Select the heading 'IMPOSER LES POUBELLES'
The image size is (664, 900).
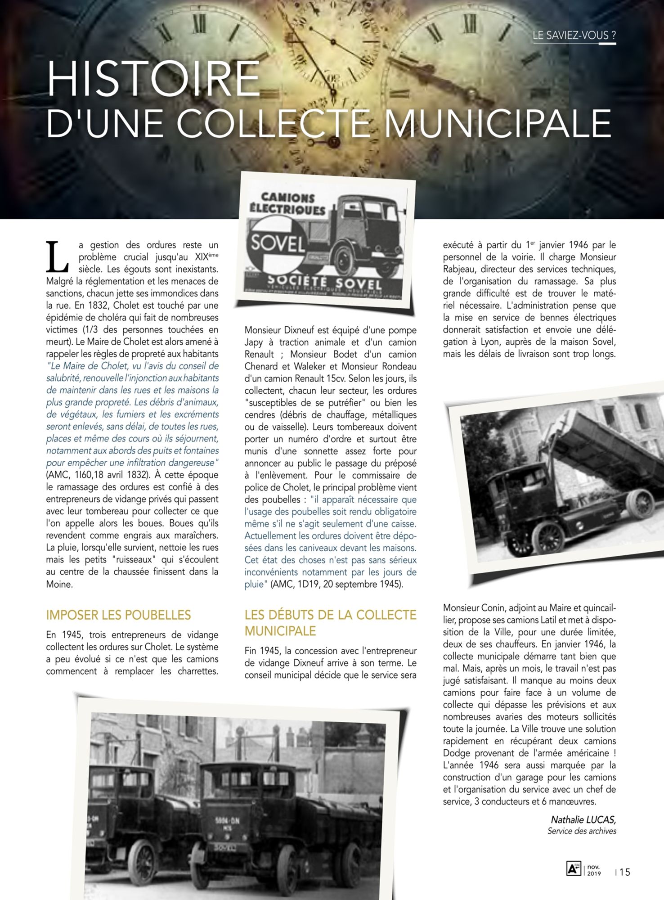(x=118, y=615)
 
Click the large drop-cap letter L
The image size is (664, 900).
(x=57, y=257)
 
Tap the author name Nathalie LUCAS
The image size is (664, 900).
(x=583, y=820)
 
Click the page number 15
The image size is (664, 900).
(x=625, y=872)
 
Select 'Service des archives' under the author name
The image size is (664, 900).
(x=582, y=831)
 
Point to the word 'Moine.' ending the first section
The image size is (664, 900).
(x=59, y=584)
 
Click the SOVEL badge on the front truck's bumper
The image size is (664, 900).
(x=225, y=848)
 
